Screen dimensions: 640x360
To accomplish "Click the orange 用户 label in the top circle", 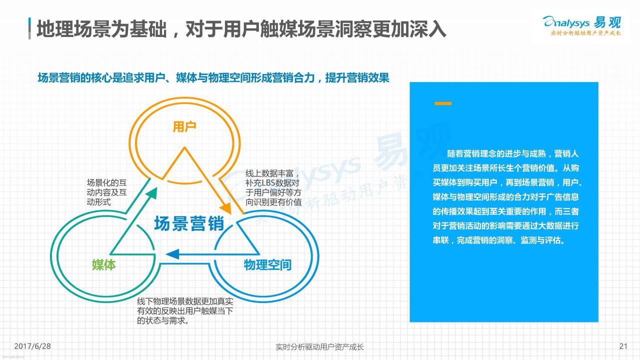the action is tap(184, 126).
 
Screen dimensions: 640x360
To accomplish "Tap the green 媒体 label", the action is tap(103, 265).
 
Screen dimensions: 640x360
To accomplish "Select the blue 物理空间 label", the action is tap(267, 265).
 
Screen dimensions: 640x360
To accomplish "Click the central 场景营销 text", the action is tap(189, 223).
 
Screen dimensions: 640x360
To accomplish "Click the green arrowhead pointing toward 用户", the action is tap(151, 193).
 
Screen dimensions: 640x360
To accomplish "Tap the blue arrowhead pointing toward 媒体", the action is tap(172, 254).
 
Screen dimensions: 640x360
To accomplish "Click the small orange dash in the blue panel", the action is tap(443, 103).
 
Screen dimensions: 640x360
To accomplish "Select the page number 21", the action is tap(623, 346).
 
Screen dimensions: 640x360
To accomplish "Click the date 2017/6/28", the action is tap(32, 346).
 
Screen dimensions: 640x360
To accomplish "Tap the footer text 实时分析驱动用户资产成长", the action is tap(319, 347).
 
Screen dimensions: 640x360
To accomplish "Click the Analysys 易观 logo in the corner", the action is tap(582, 25).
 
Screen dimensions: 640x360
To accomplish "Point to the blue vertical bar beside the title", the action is tap(29, 28).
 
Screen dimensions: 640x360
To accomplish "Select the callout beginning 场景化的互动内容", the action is tap(106, 192).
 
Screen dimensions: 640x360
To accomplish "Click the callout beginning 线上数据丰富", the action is tap(273, 187).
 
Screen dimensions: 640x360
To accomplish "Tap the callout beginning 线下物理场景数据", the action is tap(185, 311).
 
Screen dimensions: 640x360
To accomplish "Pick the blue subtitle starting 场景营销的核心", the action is tap(213, 77).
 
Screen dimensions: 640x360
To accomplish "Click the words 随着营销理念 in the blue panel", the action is tap(471, 153).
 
